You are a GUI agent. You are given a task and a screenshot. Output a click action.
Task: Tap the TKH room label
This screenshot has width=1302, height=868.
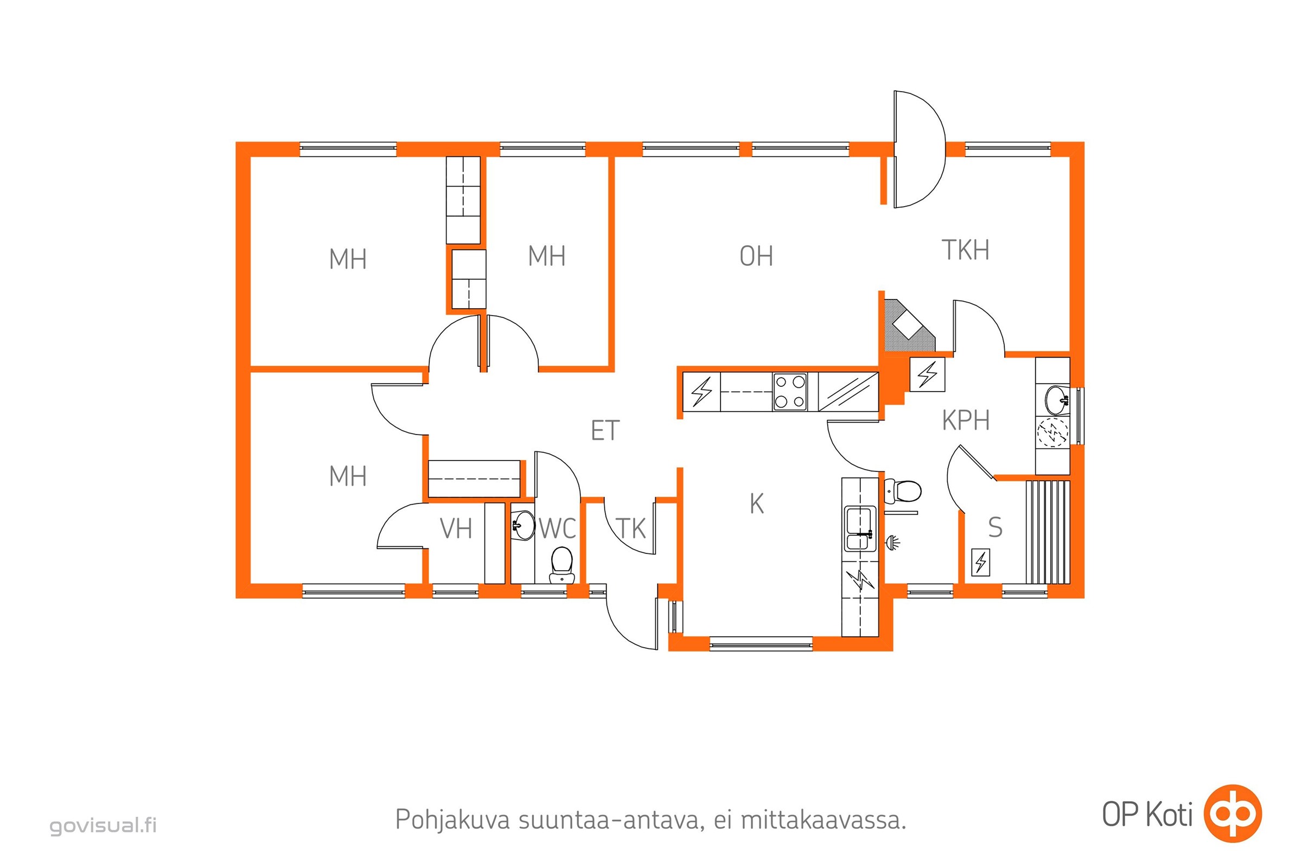point(966,250)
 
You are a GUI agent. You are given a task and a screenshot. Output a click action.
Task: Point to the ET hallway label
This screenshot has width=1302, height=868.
point(604,431)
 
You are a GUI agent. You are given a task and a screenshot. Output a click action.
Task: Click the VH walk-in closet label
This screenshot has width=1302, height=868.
point(456,528)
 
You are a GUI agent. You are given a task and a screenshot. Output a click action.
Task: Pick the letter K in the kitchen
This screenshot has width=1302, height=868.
point(756,504)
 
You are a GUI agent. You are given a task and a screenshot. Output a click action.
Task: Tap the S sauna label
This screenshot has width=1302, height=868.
point(995,527)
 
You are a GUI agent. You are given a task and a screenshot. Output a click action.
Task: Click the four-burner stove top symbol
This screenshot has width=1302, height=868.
point(790,391)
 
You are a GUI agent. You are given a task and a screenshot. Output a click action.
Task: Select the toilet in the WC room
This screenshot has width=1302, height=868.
point(561,565)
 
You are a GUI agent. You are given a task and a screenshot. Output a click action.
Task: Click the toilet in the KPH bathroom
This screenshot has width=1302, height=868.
point(902,490)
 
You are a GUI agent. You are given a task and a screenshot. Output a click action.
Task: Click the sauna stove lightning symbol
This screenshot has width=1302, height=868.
point(980,563)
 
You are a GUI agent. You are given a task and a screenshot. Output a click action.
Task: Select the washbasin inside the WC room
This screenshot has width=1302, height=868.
point(521,525)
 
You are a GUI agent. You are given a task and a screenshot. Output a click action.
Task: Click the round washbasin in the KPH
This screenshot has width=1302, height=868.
point(1057,400)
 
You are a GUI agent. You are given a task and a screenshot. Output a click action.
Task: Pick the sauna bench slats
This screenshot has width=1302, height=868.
point(1048,532)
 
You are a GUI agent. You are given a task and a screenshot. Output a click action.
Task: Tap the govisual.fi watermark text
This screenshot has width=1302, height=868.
point(103,825)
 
